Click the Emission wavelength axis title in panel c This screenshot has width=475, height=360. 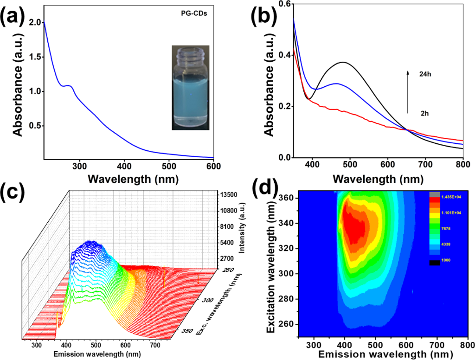100,354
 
